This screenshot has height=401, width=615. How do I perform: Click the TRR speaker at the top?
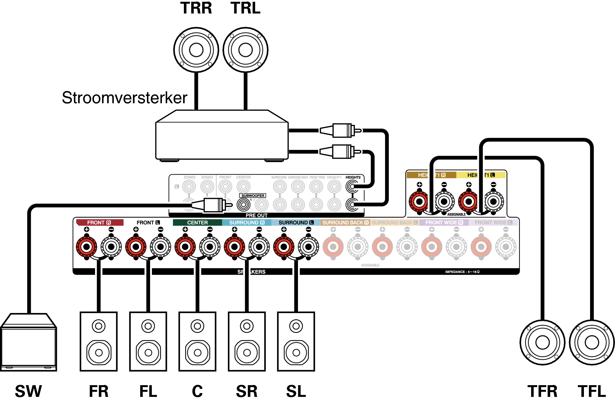tap(196, 50)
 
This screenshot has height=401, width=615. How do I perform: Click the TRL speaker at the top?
tap(245, 50)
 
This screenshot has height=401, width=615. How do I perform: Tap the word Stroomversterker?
tap(124, 98)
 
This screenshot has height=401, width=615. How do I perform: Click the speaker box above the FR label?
tap(99, 341)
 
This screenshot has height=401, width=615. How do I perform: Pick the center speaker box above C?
tap(197, 341)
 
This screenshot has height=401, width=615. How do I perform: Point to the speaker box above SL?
tap(296, 341)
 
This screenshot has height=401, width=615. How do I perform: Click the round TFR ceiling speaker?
tap(542, 342)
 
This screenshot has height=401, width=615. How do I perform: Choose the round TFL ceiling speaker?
tap(592, 342)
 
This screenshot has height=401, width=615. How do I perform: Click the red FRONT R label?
tap(99, 223)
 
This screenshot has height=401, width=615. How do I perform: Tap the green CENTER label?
tap(197, 223)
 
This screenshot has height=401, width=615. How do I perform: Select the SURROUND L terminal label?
tap(296, 223)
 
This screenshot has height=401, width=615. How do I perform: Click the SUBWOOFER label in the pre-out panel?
tap(253, 196)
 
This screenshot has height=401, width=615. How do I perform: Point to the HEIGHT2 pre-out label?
tap(353, 177)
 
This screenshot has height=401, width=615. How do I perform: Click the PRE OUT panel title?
tap(256, 215)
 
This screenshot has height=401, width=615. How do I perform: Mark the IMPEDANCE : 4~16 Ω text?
tap(462, 272)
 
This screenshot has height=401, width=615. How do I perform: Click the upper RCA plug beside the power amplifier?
tap(340, 131)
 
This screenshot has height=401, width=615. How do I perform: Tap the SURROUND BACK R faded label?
tap(345, 223)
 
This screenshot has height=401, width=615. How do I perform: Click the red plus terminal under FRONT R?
tap(87, 247)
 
